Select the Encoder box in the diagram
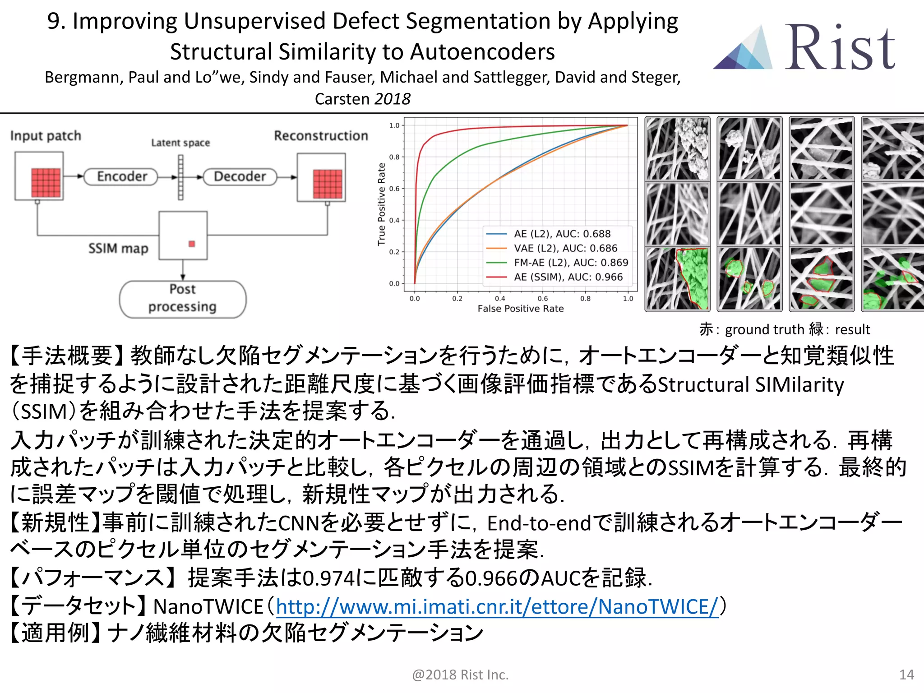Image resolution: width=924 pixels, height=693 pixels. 122,176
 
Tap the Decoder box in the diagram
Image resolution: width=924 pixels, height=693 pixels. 240,176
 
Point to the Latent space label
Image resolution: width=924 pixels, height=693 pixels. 180,143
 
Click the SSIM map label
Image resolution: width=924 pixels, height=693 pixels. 118,249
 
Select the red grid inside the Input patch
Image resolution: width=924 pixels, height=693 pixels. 46,182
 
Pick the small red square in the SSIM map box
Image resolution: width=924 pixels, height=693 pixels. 192,244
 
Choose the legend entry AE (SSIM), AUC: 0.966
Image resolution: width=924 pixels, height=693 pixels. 568,277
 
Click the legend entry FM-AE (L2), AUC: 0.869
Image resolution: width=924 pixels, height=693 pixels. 570,263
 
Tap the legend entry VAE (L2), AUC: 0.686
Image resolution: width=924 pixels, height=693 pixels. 565,248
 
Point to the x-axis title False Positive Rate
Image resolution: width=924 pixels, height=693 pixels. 521,309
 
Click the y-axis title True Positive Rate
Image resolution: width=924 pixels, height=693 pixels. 382,204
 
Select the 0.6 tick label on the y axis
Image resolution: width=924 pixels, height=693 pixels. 394,189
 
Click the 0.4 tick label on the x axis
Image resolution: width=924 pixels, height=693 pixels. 500,299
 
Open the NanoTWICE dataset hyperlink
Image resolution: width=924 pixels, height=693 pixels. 497,606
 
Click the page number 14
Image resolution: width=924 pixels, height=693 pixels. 906,675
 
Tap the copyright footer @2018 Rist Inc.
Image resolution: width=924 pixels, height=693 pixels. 460,675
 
